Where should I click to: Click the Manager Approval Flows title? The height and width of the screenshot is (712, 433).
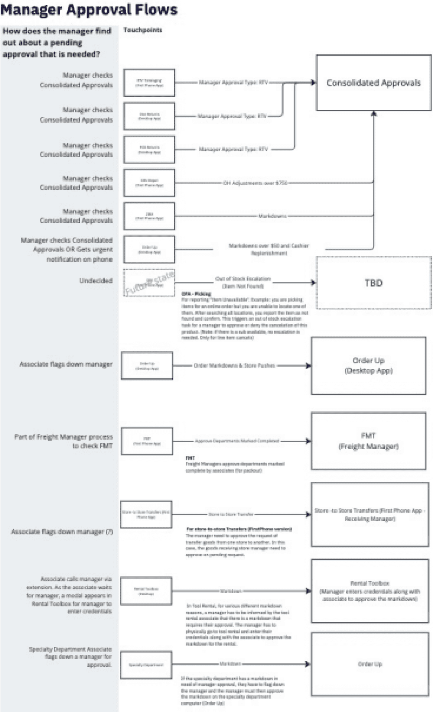coord(89,10)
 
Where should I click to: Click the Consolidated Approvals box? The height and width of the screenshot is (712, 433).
coord(373,83)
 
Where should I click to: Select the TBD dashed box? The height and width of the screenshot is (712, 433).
coord(373,283)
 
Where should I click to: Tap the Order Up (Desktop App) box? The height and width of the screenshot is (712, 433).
coord(368,365)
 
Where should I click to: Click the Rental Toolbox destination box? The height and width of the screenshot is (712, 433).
coord(370,591)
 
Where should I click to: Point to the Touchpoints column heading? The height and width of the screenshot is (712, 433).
coord(143,30)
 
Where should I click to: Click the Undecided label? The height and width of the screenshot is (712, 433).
coord(96,281)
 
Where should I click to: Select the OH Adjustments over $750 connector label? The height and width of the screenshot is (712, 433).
coord(255,183)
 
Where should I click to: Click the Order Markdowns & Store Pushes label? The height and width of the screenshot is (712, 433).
coord(234,365)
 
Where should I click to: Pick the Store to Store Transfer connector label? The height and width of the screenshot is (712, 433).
coord(231,514)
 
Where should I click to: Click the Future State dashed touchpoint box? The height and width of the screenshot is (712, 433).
coord(149,283)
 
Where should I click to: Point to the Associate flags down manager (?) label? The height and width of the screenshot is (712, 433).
coord(62,532)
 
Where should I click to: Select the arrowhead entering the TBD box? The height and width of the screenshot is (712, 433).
coord(314,283)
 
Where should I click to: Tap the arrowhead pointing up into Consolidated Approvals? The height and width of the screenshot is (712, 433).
coord(374,113)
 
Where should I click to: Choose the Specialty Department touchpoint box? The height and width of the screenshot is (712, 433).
coord(146,665)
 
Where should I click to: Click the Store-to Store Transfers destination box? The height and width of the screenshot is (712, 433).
coord(370,514)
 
